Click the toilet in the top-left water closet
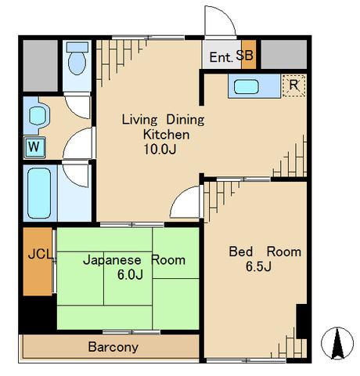[x=77, y=58]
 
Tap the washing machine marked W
[x=34, y=147]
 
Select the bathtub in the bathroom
[x=39, y=193]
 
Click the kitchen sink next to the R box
[x=247, y=87]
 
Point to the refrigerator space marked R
[x=293, y=85]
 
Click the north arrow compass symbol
[x=337, y=343]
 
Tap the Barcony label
[x=113, y=347]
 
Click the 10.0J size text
[x=160, y=149]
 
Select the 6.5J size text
[x=258, y=266]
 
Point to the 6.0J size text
[x=130, y=274]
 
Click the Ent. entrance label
[x=221, y=57]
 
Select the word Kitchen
[x=166, y=135]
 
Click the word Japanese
[x=112, y=261]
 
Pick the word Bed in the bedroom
[x=240, y=251]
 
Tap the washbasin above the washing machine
[x=38, y=116]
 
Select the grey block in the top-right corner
[x=284, y=54]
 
